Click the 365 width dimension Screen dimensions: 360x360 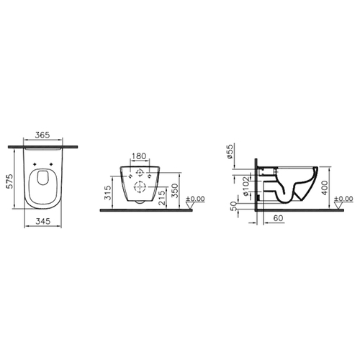[42, 135]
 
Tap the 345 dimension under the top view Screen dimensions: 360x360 [43, 221]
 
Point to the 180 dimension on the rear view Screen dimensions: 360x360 [139, 156]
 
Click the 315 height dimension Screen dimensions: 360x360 [109, 192]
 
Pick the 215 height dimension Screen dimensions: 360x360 [162, 197]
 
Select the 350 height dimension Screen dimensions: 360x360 [175, 191]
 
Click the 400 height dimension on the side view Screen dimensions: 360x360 [325, 188]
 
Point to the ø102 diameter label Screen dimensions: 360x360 [246, 186]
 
